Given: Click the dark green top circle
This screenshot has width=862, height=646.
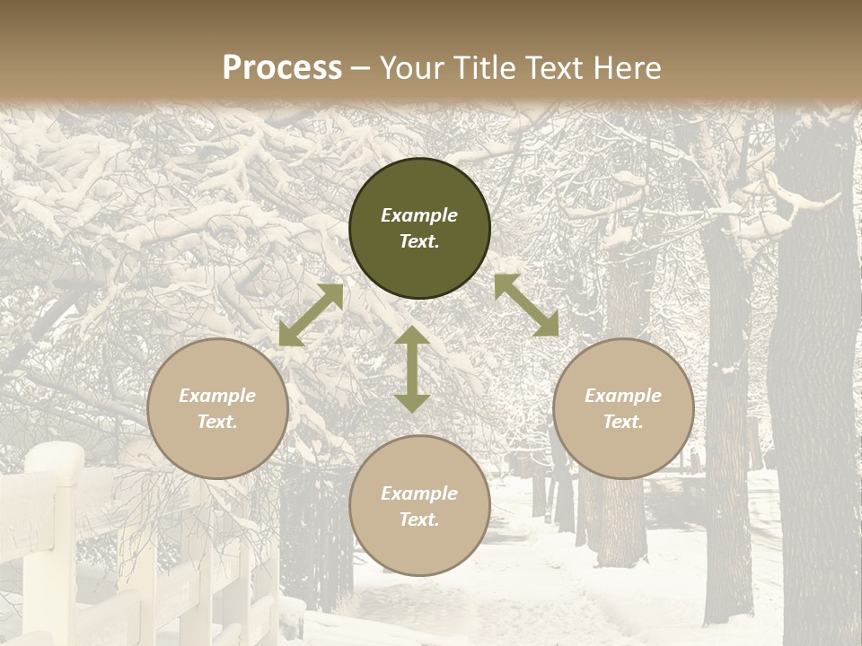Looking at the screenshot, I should (x=419, y=228).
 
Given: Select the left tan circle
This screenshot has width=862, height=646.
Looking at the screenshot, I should (x=217, y=408).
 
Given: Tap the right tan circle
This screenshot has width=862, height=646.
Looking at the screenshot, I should (x=623, y=408).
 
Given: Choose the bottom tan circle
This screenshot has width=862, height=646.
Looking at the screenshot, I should (x=419, y=506).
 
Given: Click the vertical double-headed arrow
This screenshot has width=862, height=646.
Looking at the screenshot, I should (x=412, y=369).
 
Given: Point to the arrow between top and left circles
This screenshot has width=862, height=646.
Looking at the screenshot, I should (x=311, y=315).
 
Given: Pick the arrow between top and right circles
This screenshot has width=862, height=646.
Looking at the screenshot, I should (x=526, y=305).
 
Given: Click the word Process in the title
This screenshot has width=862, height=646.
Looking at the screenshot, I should (x=282, y=67).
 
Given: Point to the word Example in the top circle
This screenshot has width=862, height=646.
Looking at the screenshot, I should (x=419, y=215).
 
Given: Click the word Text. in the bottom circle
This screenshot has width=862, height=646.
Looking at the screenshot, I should (x=419, y=519).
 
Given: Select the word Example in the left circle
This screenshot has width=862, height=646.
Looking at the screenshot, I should (x=217, y=396).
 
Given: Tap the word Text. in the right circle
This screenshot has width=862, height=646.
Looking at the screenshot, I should (x=623, y=422).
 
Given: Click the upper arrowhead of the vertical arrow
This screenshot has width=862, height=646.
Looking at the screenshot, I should (x=412, y=336).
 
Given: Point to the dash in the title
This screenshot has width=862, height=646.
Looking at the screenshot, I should (x=360, y=68).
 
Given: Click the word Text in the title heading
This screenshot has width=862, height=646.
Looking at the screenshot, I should (x=552, y=67).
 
